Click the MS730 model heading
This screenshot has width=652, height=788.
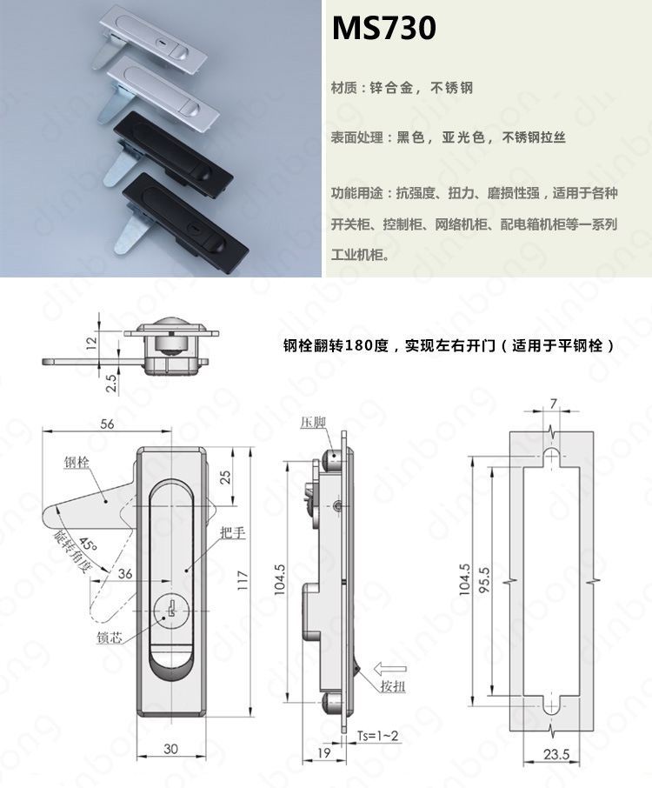point(383,28)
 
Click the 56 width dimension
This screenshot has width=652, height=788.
point(107,424)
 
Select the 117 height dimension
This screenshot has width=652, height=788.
point(243,580)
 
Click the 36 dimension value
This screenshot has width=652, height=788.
point(125,573)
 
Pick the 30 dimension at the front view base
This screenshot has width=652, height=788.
point(170,749)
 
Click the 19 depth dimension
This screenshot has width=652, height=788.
point(324,752)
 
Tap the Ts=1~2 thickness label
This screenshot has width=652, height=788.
point(378,736)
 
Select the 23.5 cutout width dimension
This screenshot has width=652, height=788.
point(556,754)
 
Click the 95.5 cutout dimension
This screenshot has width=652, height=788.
point(483,580)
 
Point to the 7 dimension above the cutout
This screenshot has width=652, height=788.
point(553,404)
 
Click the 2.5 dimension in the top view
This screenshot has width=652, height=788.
point(111,382)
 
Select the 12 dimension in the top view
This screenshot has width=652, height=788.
point(91,344)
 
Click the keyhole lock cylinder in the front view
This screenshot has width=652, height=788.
point(170,611)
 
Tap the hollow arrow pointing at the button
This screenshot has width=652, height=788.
point(390,669)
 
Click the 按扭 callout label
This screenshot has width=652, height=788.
point(393,686)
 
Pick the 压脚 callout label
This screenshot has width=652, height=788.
point(313,422)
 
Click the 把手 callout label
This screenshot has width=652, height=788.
point(233,532)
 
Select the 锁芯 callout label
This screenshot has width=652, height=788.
point(109,638)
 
